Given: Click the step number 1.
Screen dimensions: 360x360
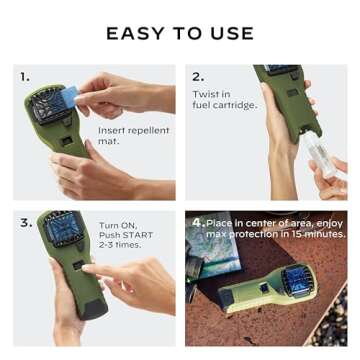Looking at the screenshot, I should pyautogui.click(x=25, y=76).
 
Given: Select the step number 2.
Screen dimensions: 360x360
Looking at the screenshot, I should pyautogui.click(x=198, y=76).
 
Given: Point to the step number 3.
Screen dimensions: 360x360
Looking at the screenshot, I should pyautogui.click(x=26, y=222).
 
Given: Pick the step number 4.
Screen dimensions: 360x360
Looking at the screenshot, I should pyautogui.click(x=198, y=222).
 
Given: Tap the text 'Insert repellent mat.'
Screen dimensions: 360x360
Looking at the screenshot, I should pyautogui.click(x=133, y=135).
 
